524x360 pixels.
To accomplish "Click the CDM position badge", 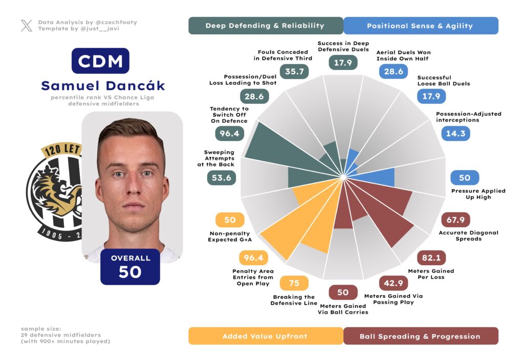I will (100, 61).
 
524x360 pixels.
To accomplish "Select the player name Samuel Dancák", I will (103, 86).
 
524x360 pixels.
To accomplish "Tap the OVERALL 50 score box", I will (130, 266).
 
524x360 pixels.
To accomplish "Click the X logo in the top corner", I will (27, 26).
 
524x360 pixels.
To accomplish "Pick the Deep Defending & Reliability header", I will (265, 26).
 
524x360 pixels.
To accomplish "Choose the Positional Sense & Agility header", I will (420, 26).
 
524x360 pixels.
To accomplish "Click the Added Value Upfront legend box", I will (265, 336).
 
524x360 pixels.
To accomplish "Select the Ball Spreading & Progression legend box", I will (420, 336).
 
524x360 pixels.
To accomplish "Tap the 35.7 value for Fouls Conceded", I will (295, 72).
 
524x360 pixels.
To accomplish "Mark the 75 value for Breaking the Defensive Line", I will (294, 283).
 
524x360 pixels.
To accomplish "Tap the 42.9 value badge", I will (394, 283).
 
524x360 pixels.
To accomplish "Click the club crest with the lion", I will (54, 192).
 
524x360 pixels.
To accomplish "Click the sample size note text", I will (65, 334).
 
